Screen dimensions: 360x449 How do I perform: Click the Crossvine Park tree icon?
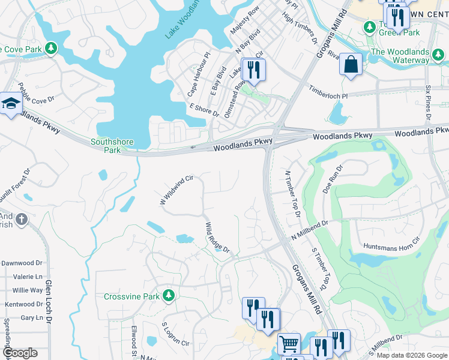[x=170, y=295]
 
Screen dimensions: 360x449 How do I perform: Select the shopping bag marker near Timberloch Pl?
[x=351, y=65]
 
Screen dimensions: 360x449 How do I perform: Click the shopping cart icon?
[x=289, y=344]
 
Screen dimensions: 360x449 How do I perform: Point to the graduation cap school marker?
[x=10, y=104]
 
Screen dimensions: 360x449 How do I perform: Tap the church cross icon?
[x=22, y=220]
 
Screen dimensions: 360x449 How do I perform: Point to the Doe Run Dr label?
[x=331, y=178]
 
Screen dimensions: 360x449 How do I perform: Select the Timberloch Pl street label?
[x=328, y=92]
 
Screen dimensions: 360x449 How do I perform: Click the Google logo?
[x=19, y=353]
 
